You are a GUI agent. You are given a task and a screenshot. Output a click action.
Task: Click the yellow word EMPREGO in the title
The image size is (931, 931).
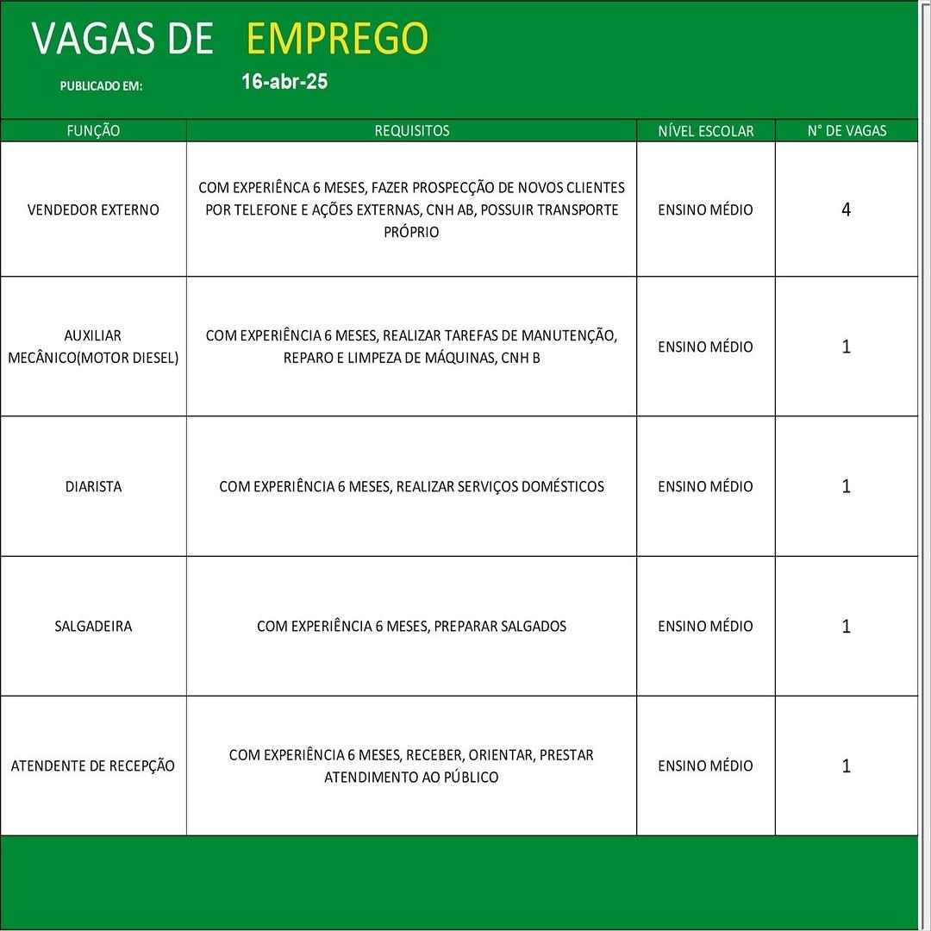coord(337,39)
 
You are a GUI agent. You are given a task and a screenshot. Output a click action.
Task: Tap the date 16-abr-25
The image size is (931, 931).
coord(284,82)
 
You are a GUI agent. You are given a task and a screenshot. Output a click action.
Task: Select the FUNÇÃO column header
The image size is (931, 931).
coord(93,131)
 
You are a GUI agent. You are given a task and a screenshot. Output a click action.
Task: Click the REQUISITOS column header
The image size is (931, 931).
coord(411,131)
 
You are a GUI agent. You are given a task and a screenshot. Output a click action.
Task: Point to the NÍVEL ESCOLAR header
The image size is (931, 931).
coord(705,131)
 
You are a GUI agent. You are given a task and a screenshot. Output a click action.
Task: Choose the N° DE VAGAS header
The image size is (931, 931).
coord(847,131)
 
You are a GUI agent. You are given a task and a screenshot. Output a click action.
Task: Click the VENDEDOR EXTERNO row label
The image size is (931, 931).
coord(93,209)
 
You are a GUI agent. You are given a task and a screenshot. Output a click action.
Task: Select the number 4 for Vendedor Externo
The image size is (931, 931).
coord(846,209)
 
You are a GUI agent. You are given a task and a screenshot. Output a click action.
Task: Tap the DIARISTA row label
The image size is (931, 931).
coord(93,486)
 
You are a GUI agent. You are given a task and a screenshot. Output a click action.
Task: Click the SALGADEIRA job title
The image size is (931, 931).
coord(93,626)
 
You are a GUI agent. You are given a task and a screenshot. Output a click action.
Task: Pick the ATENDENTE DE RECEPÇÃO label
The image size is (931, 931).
coord(93,765)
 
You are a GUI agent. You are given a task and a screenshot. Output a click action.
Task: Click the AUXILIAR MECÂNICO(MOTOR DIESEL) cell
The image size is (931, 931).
coord(93,347)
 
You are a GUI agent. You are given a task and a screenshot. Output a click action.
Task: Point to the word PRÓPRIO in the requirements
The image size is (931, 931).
coord(411,232)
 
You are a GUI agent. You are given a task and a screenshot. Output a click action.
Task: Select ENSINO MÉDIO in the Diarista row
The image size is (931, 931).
coord(705,486)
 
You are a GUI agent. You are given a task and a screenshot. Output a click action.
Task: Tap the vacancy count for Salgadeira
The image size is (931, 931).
coord(846,626)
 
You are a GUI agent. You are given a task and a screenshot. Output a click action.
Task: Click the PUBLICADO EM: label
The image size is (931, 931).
coord(101,86)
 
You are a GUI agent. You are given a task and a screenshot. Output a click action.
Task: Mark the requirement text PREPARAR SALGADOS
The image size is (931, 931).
coord(500,626)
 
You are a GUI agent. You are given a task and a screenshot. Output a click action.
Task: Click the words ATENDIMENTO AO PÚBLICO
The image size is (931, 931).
coord(411,777)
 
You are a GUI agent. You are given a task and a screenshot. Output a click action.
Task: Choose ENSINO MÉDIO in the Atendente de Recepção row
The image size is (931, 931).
coord(705,765)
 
